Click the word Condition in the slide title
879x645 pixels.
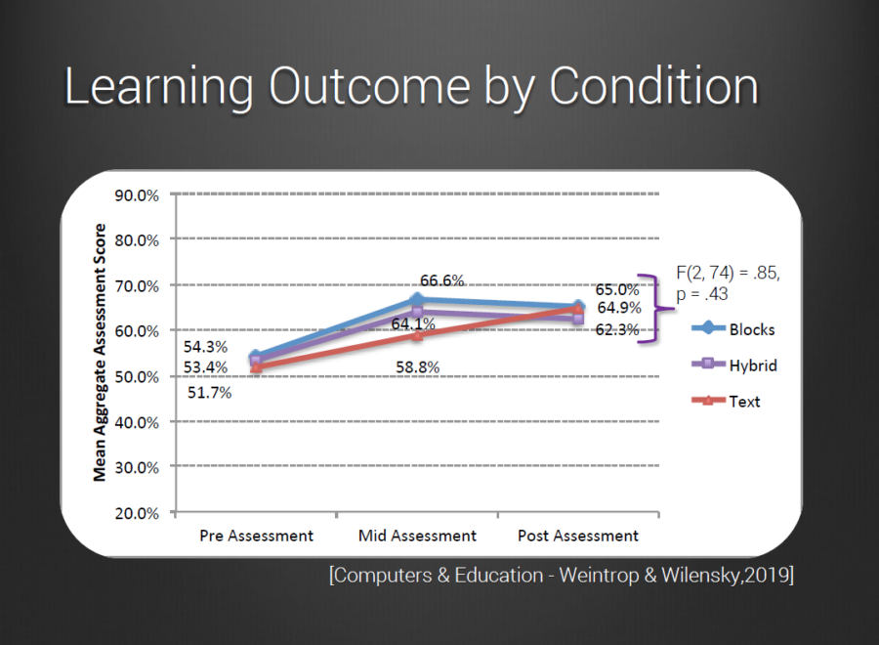(x=653, y=88)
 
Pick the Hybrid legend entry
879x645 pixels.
(x=751, y=365)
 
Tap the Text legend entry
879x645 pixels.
(x=743, y=402)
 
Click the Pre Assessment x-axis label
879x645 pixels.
(x=256, y=536)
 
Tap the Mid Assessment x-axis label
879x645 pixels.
(x=417, y=536)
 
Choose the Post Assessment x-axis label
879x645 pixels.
(x=578, y=536)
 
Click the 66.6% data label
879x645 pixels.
(x=441, y=280)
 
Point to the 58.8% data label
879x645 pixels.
(x=417, y=367)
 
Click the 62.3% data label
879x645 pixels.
(x=618, y=330)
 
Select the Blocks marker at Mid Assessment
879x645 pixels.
(x=417, y=300)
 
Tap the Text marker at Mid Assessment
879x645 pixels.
(x=417, y=335)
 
